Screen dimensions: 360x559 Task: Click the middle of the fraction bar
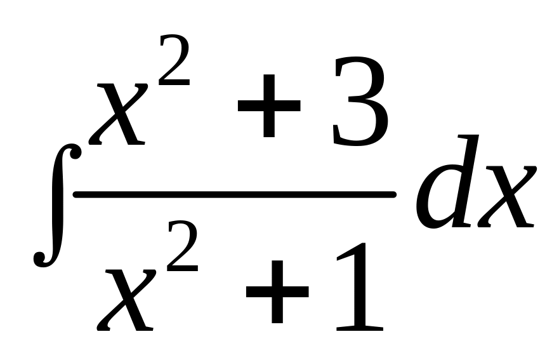(235, 194)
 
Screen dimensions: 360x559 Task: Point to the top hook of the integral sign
(75, 152)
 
